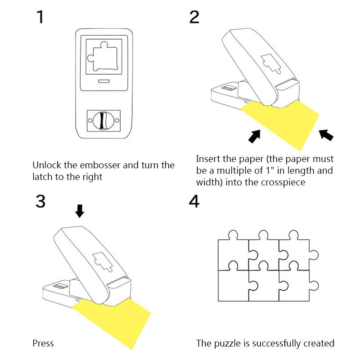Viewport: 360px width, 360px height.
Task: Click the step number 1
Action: [x=40, y=17]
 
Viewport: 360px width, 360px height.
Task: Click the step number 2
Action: [x=194, y=17]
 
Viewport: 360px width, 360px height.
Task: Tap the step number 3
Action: [x=40, y=201]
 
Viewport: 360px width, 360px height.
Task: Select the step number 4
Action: [x=194, y=201]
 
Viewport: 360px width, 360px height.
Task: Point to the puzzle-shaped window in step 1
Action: [x=104, y=58]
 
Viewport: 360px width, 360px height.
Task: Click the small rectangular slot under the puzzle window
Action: [x=104, y=81]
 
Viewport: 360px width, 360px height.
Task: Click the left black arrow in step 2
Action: [x=255, y=136]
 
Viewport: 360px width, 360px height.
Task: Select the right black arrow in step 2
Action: [x=326, y=134]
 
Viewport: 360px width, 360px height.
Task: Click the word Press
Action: [x=43, y=343]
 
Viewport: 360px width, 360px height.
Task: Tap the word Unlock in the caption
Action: [x=47, y=165]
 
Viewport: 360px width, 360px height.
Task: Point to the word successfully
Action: [x=278, y=343]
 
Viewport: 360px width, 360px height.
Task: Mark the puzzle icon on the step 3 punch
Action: [x=102, y=262]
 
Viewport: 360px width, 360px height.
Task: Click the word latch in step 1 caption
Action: [x=43, y=177]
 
